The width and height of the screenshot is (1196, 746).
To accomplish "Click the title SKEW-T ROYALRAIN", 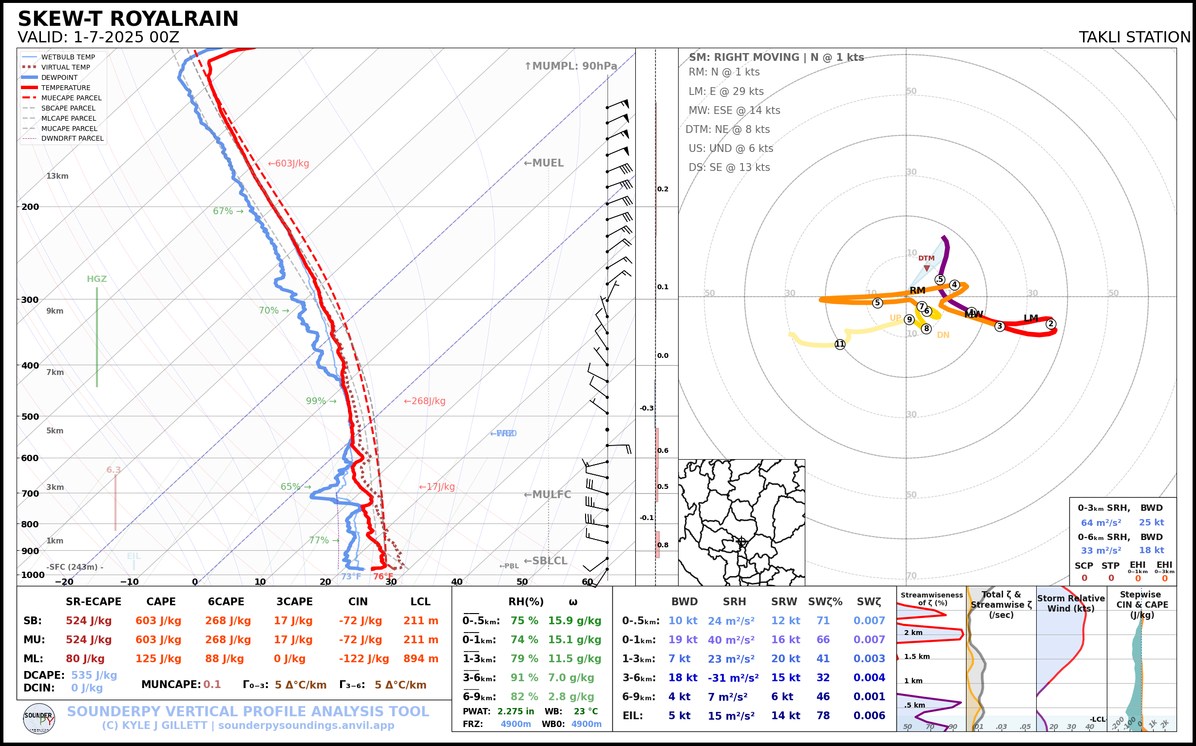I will click(128, 19).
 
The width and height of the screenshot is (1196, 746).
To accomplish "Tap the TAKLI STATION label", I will click(1134, 37).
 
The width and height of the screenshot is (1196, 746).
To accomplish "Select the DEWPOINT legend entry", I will click(59, 77).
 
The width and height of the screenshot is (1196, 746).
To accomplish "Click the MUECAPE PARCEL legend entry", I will click(71, 98).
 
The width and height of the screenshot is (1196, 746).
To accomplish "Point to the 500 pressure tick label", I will click(30, 416).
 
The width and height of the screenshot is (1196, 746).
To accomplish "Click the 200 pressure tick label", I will click(30, 207).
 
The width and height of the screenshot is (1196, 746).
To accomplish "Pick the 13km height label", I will click(57, 176).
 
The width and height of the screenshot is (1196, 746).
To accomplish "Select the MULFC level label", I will click(547, 494).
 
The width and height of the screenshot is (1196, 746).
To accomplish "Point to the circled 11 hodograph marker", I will click(839, 344).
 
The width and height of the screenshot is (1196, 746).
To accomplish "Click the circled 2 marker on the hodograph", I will click(1050, 324).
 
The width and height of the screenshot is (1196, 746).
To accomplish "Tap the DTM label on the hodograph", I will click(926, 258).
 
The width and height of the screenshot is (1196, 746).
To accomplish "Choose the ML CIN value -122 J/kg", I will click(364, 659).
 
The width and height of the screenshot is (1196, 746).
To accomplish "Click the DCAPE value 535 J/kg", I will click(94, 675).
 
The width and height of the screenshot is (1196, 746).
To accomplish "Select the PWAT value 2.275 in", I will click(515, 711).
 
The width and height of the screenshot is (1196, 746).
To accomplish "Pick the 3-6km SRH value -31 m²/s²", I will click(733, 678).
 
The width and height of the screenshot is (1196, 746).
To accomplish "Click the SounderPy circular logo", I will click(39, 718).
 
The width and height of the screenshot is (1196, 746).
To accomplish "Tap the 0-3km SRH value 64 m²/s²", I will click(1101, 522).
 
